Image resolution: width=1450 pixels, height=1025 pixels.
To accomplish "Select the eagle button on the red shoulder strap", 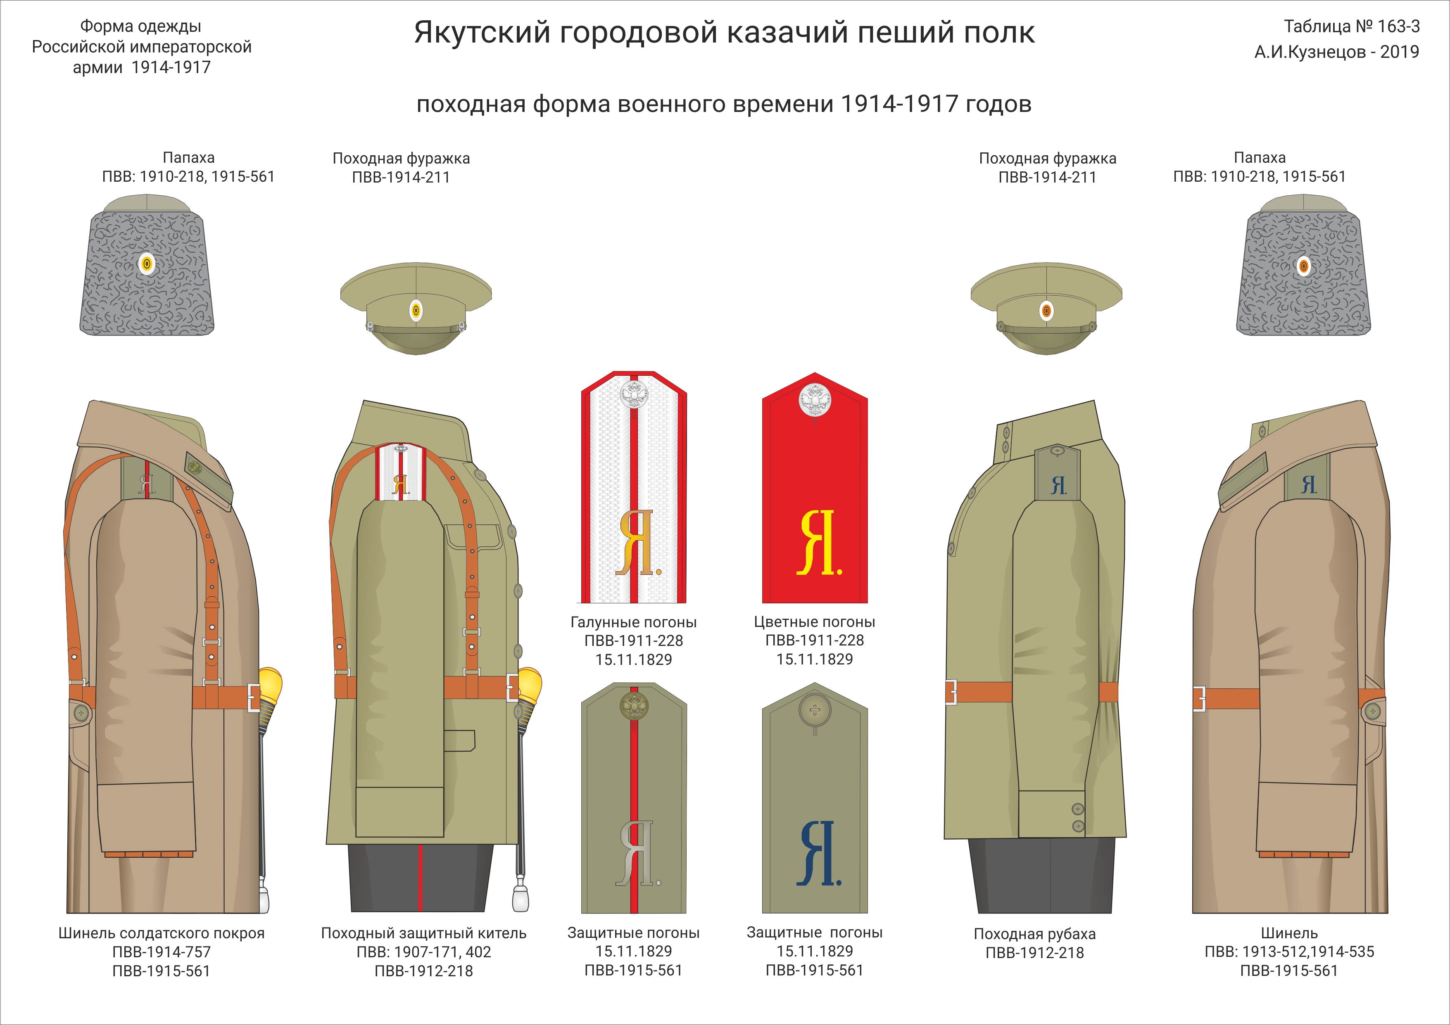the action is (x=815, y=399).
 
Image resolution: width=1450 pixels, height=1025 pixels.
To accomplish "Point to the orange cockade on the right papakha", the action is (x=1303, y=266).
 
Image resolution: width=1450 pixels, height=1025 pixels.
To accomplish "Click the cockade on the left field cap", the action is (x=416, y=310).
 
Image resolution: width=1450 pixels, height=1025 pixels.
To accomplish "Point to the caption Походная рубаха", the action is (x=1034, y=933).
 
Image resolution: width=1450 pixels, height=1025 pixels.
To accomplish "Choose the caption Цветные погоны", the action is (x=814, y=622).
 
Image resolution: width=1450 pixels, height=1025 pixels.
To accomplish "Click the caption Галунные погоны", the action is (x=633, y=622).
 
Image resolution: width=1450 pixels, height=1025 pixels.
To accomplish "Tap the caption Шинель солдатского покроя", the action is (x=161, y=933).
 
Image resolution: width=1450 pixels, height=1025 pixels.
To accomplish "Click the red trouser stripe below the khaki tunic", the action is (x=420, y=877).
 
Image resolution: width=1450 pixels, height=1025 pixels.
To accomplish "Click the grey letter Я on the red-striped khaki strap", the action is (x=635, y=853).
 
